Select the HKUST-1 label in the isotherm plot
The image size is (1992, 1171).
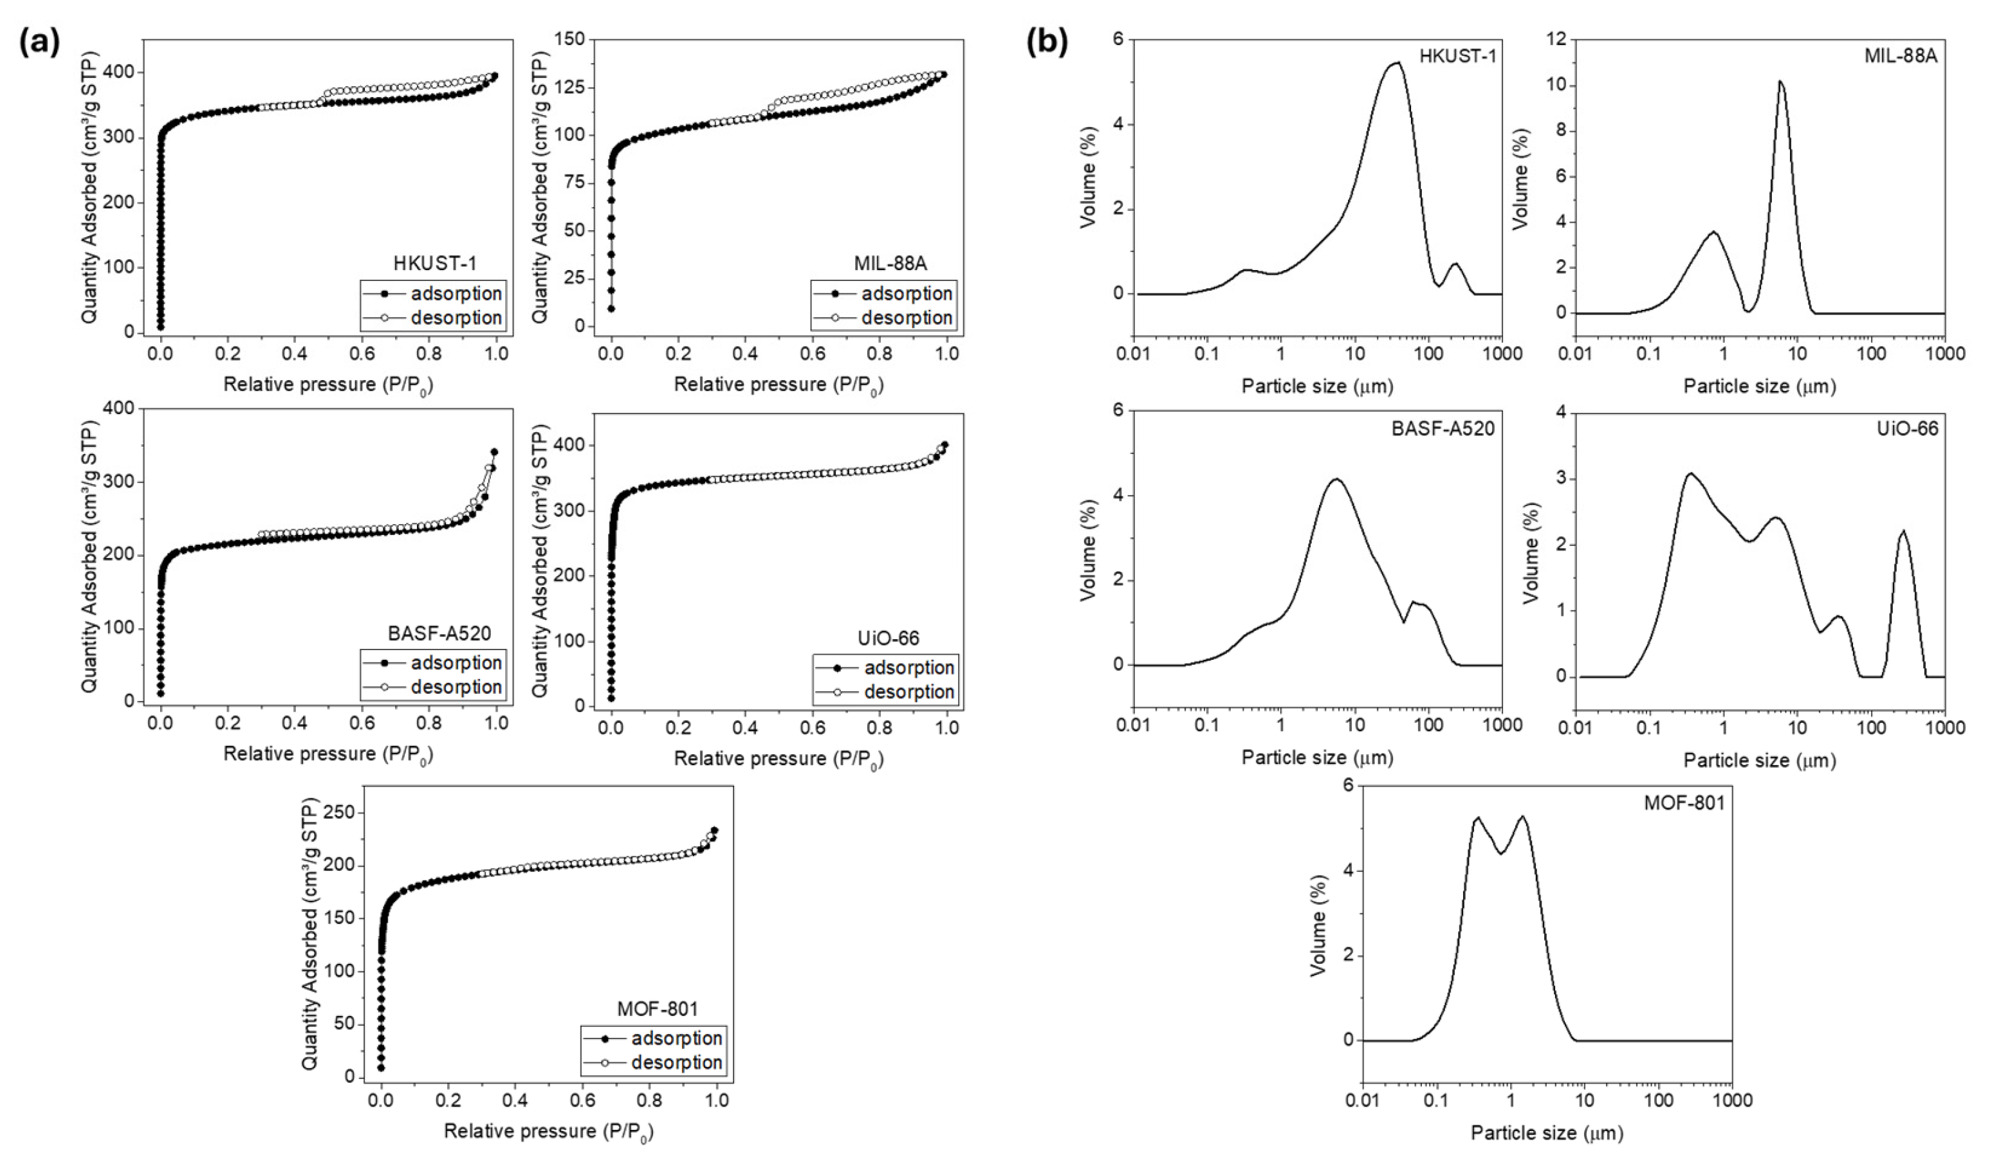point(435,262)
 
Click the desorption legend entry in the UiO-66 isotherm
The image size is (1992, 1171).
point(909,692)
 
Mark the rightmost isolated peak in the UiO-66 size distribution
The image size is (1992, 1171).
point(1902,531)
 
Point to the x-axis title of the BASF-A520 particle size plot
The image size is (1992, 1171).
point(1317,757)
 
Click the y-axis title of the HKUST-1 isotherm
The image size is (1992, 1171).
point(90,186)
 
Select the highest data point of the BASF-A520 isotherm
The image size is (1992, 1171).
point(495,452)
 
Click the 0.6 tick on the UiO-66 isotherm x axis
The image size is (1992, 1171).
point(813,726)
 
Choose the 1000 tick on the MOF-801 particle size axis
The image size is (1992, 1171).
point(1731,1100)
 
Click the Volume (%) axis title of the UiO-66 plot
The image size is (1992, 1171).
point(1531,552)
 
